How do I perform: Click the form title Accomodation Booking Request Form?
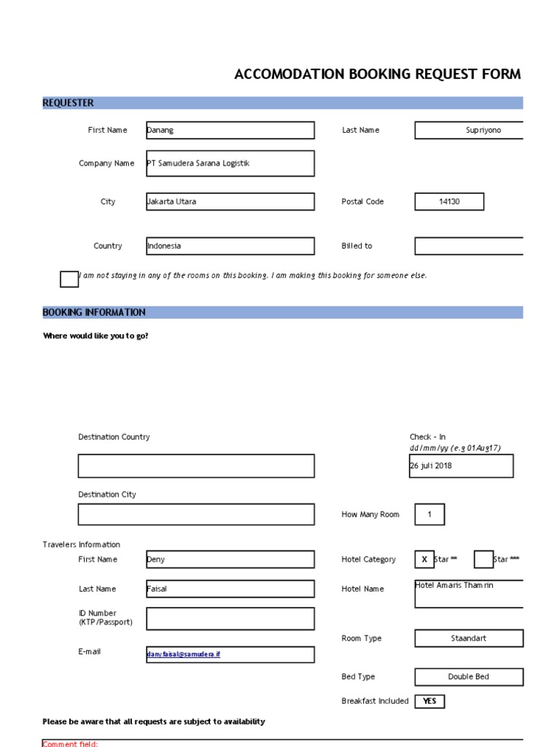377,74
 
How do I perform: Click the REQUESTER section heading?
68,103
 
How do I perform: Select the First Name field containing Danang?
230,131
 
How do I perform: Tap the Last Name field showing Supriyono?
469,131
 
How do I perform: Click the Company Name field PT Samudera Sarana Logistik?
230,163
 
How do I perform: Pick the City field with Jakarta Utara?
230,202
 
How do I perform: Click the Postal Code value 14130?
449,202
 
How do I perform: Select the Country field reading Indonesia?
230,246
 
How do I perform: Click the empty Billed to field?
469,246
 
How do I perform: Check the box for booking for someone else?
69,279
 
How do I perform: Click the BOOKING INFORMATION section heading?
94,312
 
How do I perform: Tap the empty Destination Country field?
196,466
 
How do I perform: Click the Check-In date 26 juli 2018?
461,466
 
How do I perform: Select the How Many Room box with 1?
429,515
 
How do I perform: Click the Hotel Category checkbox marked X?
424,560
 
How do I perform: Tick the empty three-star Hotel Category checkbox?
483,560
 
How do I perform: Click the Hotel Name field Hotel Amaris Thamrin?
469,594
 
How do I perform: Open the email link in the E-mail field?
184,655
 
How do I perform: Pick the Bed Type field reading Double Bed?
469,677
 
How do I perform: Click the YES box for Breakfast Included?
429,701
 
